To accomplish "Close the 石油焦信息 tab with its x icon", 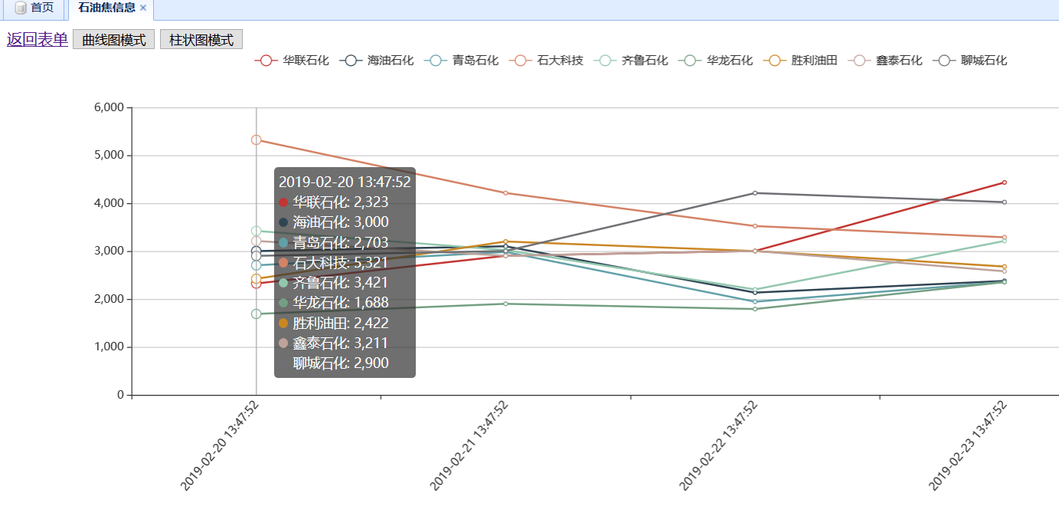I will [143, 8].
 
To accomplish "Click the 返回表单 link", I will [37, 40].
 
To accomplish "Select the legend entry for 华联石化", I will [292, 61].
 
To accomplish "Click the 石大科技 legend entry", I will [546, 61].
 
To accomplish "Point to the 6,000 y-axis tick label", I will [109, 107].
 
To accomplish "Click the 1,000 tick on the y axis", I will [109, 347].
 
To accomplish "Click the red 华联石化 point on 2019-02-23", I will [1004, 182].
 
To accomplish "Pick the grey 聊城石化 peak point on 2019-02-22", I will [755, 193].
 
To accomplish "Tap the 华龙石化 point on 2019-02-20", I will [257, 314].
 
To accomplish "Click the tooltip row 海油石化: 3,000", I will [340, 222].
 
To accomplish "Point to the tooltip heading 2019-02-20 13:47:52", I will [345, 182].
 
